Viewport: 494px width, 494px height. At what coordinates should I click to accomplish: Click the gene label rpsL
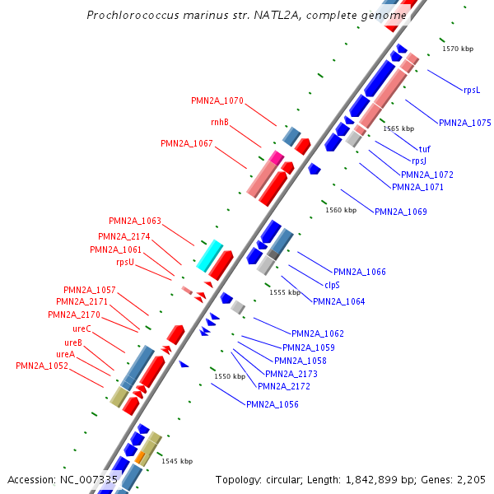pyautogui.click(x=472, y=90)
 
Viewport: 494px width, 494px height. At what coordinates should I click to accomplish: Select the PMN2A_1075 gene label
pyautogui.click(x=464, y=123)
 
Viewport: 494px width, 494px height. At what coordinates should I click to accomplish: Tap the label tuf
pyautogui.click(x=425, y=149)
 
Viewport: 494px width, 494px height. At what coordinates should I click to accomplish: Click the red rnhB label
pyautogui.click(x=219, y=123)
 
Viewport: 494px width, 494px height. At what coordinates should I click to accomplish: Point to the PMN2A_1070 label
pyautogui.click(x=217, y=100)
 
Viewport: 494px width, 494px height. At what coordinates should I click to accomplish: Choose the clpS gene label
pyautogui.click(x=332, y=285)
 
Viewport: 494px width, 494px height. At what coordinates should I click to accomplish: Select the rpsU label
pyautogui.click(x=125, y=262)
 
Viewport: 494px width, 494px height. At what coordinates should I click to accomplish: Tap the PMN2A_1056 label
pyautogui.click(x=272, y=404)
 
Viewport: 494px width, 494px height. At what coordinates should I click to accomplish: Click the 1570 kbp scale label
pyautogui.click(x=458, y=49)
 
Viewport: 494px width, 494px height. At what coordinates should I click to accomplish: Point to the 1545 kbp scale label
pyautogui.click(x=177, y=461)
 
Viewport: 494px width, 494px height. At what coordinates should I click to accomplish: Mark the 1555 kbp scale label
pyautogui.click(x=285, y=292)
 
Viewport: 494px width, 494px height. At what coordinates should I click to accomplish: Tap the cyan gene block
pyautogui.click(x=209, y=256)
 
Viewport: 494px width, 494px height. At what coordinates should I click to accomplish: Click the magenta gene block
pyautogui.click(x=277, y=157)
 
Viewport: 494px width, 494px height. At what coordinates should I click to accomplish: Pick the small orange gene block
pyautogui.click(x=141, y=455)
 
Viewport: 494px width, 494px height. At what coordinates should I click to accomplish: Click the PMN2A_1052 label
pyautogui.click(x=41, y=366)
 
